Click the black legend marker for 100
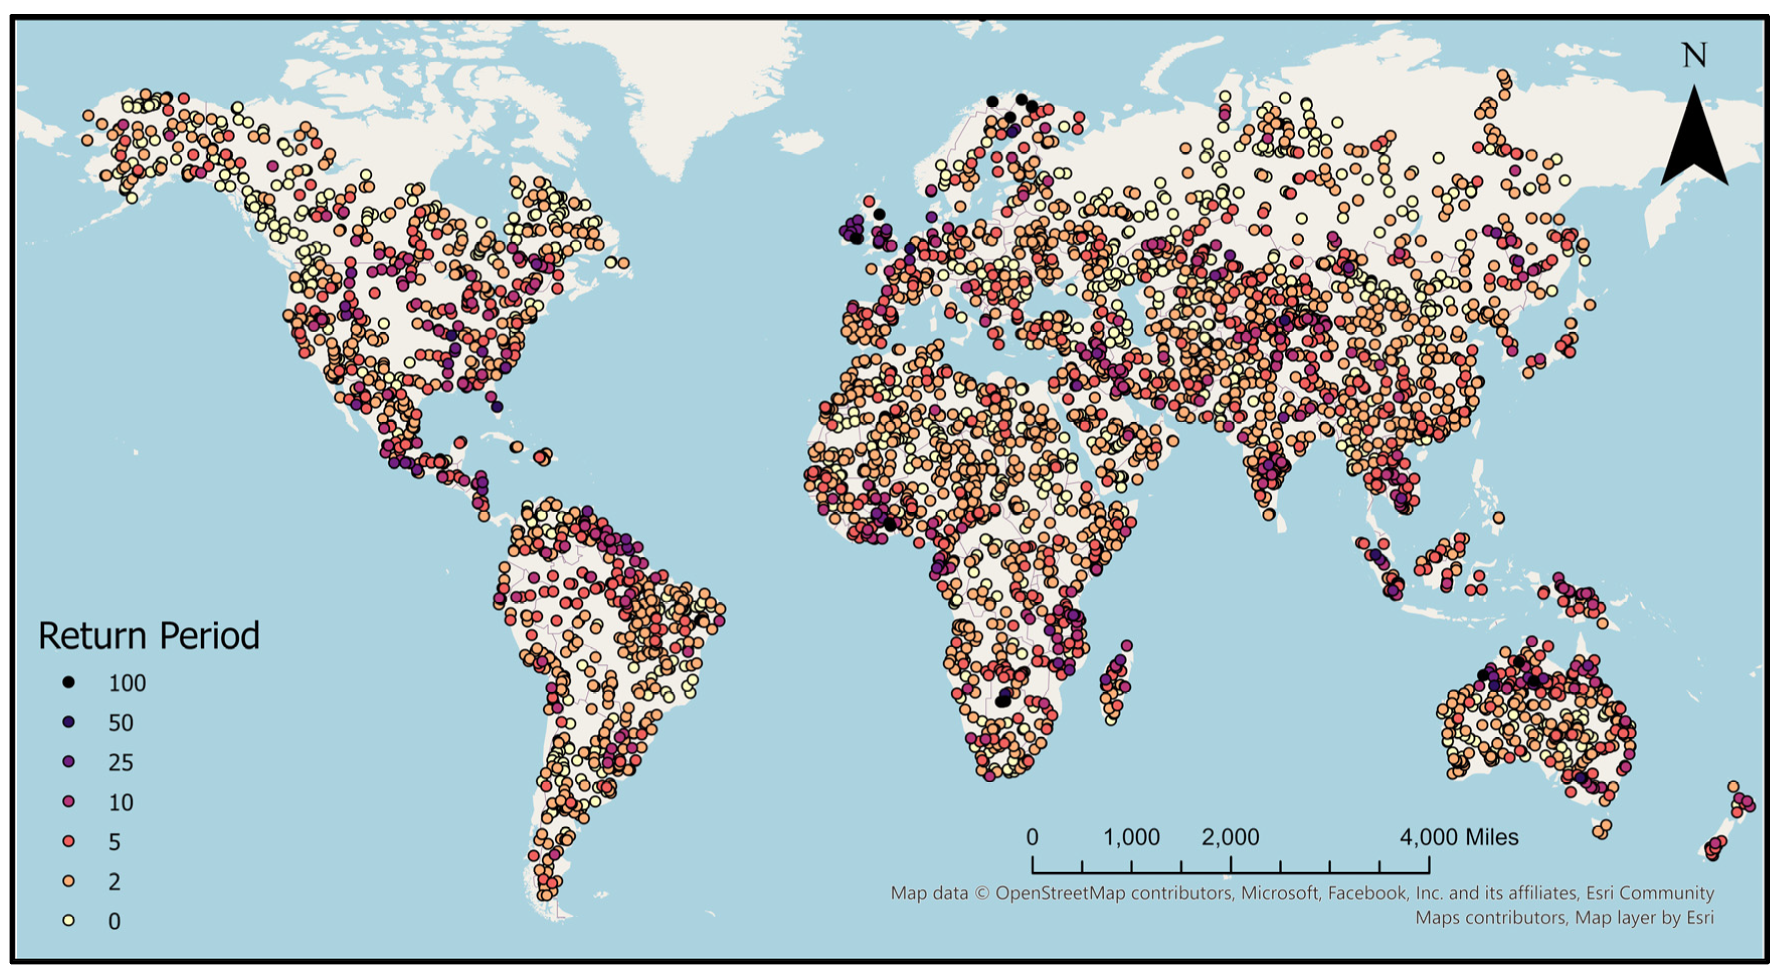68,683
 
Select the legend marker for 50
68,722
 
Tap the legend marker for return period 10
68,801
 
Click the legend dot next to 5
68,841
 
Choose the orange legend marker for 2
68,881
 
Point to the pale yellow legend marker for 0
68,920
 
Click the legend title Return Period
149,636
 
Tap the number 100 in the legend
127,683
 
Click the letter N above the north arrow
1694,55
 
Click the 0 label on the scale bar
1032,837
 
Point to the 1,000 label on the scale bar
1131,837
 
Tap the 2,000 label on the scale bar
1230,837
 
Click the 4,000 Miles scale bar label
1459,837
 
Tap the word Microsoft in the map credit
1279,893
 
